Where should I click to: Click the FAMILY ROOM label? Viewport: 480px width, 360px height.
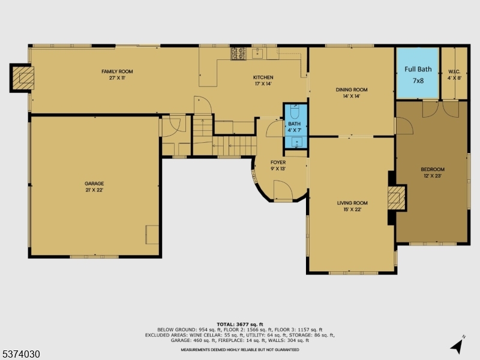click(117, 71)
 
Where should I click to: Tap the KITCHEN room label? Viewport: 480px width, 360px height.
click(263, 77)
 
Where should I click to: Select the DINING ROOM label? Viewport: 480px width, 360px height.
click(352, 89)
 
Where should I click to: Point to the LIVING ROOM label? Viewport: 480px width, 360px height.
click(352, 203)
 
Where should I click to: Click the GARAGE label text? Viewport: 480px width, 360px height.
click(94, 184)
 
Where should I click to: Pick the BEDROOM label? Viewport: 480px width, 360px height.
click(433, 169)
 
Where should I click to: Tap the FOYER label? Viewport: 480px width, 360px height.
click(278, 162)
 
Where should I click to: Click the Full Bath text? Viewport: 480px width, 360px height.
click(418, 69)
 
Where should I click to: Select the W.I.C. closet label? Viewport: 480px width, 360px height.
click(454, 71)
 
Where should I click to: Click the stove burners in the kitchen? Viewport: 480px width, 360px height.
click(238, 53)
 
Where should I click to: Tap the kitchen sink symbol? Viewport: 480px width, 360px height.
click(257, 53)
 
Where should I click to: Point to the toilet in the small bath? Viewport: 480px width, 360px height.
click(295, 112)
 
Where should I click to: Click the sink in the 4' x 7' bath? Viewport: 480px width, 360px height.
click(296, 142)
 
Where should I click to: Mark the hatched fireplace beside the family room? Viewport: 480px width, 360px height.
click(22, 78)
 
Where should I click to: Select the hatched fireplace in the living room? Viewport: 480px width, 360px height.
click(397, 198)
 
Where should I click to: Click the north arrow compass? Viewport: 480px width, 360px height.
click(457, 345)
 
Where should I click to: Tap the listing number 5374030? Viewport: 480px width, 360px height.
click(20, 354)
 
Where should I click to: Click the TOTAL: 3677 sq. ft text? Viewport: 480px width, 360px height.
click(239, 325)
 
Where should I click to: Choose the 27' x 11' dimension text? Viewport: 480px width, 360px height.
click(117, 78)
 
